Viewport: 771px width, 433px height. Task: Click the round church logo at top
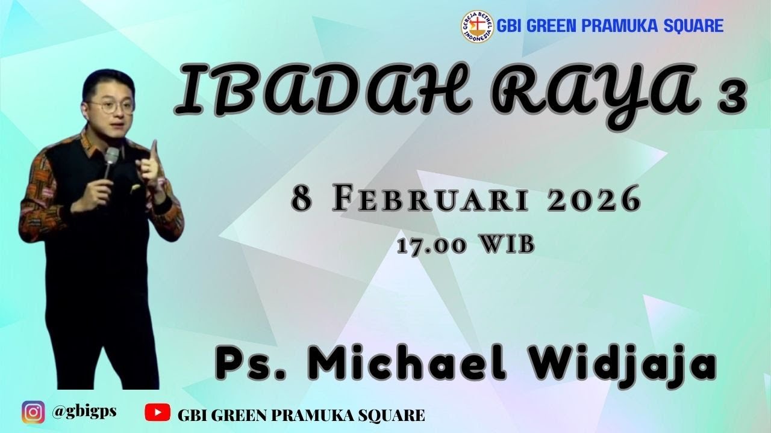pos(477,26)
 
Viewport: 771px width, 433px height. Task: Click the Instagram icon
pos(33,413)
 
